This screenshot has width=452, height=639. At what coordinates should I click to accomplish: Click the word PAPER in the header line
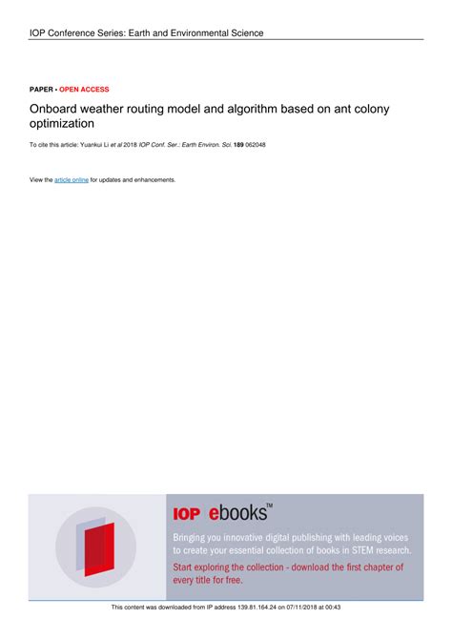point(41,89)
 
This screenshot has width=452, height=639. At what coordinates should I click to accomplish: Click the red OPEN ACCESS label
point(84,89)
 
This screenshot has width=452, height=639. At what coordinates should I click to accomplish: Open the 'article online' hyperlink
point(72,179)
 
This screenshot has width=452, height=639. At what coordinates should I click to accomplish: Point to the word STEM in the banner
point(345,550)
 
